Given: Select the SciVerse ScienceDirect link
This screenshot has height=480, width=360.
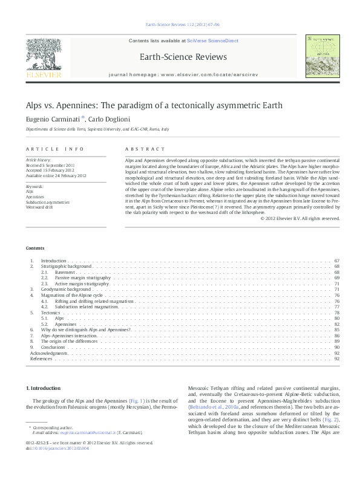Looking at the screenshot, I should [x=212, y=41].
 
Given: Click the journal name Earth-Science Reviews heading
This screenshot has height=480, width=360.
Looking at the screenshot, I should [x=183, y=57].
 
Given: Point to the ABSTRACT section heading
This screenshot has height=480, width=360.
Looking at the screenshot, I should [x=144, y=149].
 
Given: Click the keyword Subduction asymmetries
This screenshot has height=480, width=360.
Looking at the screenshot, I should [x=48, y=202].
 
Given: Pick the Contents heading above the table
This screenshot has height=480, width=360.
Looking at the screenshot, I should [x=34, y=248].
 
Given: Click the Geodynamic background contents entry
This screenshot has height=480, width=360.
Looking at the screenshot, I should [x=65, y=290].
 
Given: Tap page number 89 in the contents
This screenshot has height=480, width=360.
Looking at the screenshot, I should [x=336, y=342].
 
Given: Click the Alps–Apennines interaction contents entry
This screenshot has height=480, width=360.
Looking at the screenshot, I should [x=69, y=336].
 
